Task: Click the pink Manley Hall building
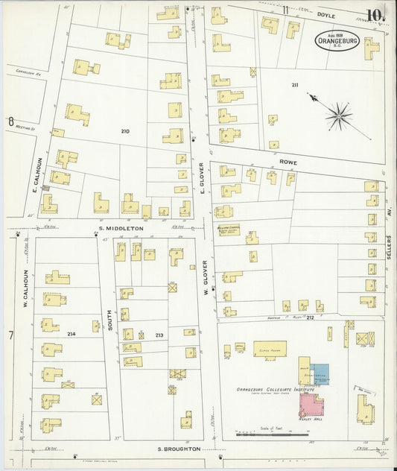point(311,404)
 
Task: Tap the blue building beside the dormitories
point(319,374)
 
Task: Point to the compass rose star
point(338,116)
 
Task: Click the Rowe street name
point(288,159)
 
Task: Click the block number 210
point(124,131)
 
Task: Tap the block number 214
point(72,332)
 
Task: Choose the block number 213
point(158,335)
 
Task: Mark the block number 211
point(295,85)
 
